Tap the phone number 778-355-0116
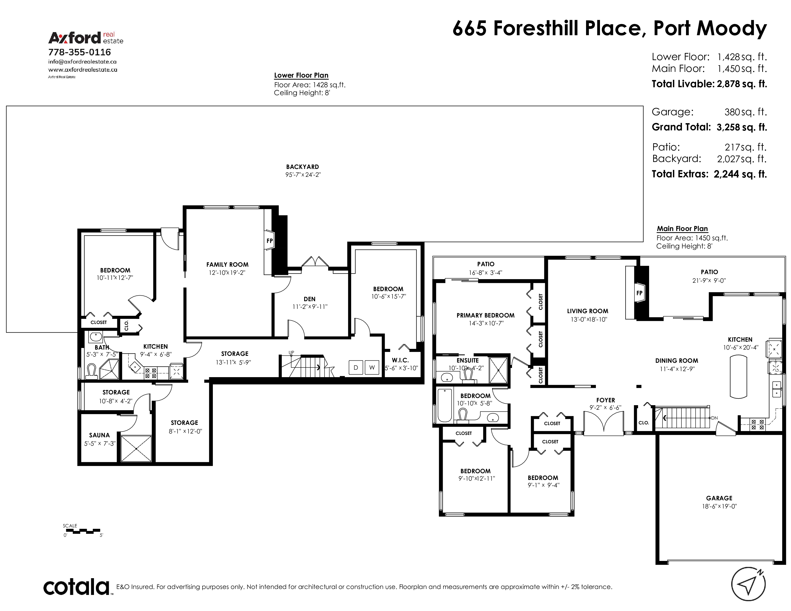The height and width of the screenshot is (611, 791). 80,52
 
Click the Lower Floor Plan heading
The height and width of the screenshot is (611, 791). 301,75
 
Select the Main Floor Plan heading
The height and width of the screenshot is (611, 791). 682,229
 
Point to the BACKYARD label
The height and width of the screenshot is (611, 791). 302,167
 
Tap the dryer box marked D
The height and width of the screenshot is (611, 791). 356,367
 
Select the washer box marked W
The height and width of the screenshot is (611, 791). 372,367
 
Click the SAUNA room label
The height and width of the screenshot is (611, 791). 99,435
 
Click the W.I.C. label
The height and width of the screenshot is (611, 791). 400,360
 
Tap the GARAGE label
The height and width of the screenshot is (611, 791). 719,498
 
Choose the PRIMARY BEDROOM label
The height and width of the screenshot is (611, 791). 485,315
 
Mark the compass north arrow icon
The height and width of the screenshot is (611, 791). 749,584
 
